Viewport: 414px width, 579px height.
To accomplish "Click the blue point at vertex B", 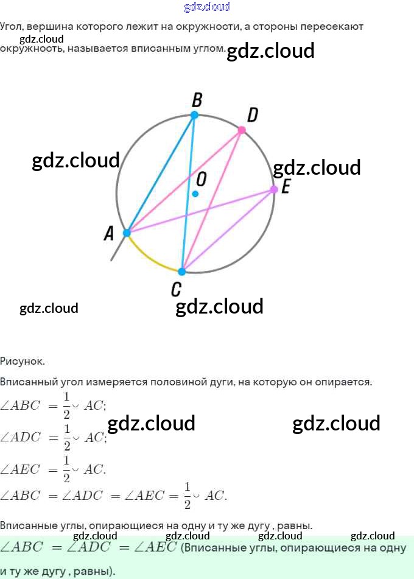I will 194,115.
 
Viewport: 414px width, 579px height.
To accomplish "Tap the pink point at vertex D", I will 242,130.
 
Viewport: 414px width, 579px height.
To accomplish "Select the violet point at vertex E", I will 274,189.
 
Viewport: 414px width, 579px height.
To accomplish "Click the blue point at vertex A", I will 127,233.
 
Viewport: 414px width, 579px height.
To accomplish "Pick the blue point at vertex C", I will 181,272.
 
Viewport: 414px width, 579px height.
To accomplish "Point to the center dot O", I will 195,194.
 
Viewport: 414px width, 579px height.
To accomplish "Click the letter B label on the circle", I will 197,99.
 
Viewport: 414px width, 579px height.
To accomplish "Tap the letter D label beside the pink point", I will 253,115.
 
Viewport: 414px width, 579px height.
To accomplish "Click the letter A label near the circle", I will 109,233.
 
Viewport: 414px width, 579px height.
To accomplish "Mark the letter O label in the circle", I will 202,179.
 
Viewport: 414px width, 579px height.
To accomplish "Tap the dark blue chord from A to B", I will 160,174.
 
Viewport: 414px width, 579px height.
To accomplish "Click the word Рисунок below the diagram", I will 23,361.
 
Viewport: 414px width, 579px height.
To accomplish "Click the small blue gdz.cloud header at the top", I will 207,7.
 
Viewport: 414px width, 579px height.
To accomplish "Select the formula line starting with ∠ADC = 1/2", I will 53,437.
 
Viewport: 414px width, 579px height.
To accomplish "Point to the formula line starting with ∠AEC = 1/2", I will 53,469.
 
